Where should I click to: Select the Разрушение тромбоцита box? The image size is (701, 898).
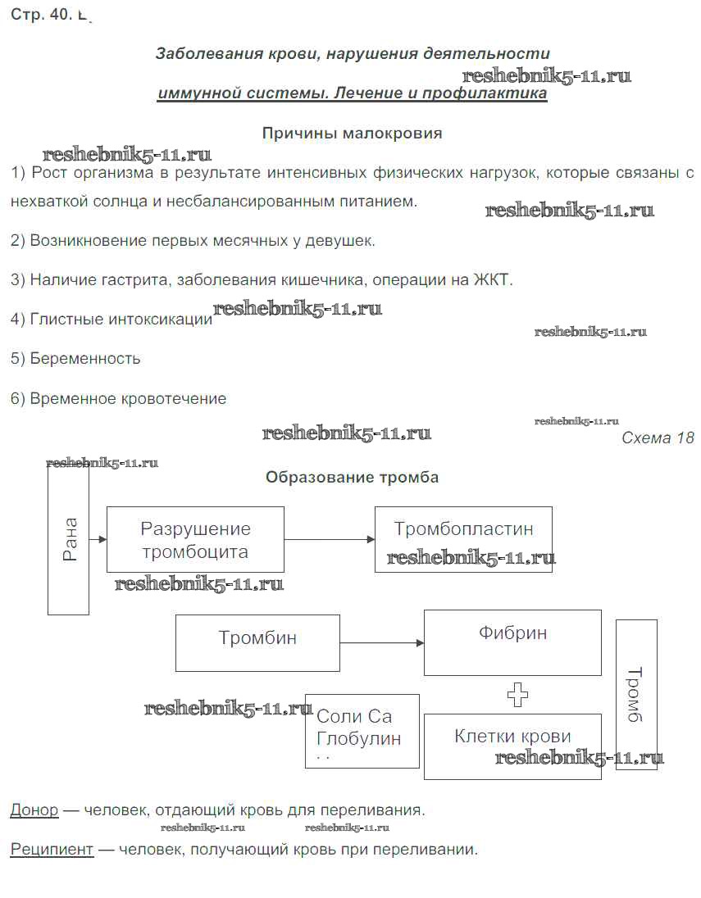click(195, 539)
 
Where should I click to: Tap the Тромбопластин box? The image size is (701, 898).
click(463, 538)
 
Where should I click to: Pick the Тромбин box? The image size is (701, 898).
click(257, 642)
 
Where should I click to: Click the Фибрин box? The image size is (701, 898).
click(512, 642)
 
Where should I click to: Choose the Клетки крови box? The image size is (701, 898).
click(512, 746)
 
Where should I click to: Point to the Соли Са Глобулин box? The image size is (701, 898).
click(362, 731)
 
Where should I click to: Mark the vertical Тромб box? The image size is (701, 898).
click(636, 694)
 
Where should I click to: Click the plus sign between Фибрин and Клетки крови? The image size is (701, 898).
click(517, 695)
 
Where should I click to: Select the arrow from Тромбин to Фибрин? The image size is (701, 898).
click(382, 643)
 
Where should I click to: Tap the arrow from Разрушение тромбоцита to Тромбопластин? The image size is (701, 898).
click(329, 539)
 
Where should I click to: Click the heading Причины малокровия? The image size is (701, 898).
click(352, 134)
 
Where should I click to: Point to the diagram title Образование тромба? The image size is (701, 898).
click(352, 478)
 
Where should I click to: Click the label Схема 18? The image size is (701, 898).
click(658, 438)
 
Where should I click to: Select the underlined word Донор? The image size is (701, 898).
click(34, 810)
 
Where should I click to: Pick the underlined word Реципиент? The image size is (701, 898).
click(52, 850)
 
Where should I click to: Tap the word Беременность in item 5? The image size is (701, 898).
click(85, 359)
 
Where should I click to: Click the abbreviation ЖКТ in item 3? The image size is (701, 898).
click(491, 280)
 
